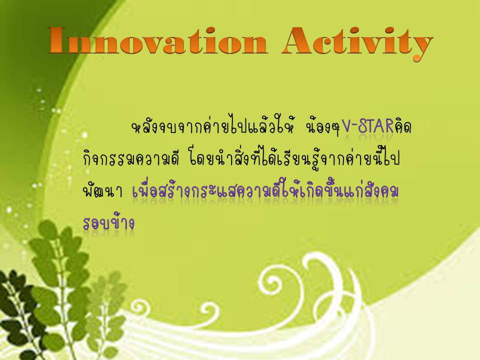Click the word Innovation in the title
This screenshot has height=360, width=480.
[x=158, y=41]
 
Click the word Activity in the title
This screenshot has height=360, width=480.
[x=357, y=43]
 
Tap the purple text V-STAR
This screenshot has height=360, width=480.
[x=367, y=126]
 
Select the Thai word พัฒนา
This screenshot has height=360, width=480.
[x=102, y=191]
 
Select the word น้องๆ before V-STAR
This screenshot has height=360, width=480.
[x=322, y=126]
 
